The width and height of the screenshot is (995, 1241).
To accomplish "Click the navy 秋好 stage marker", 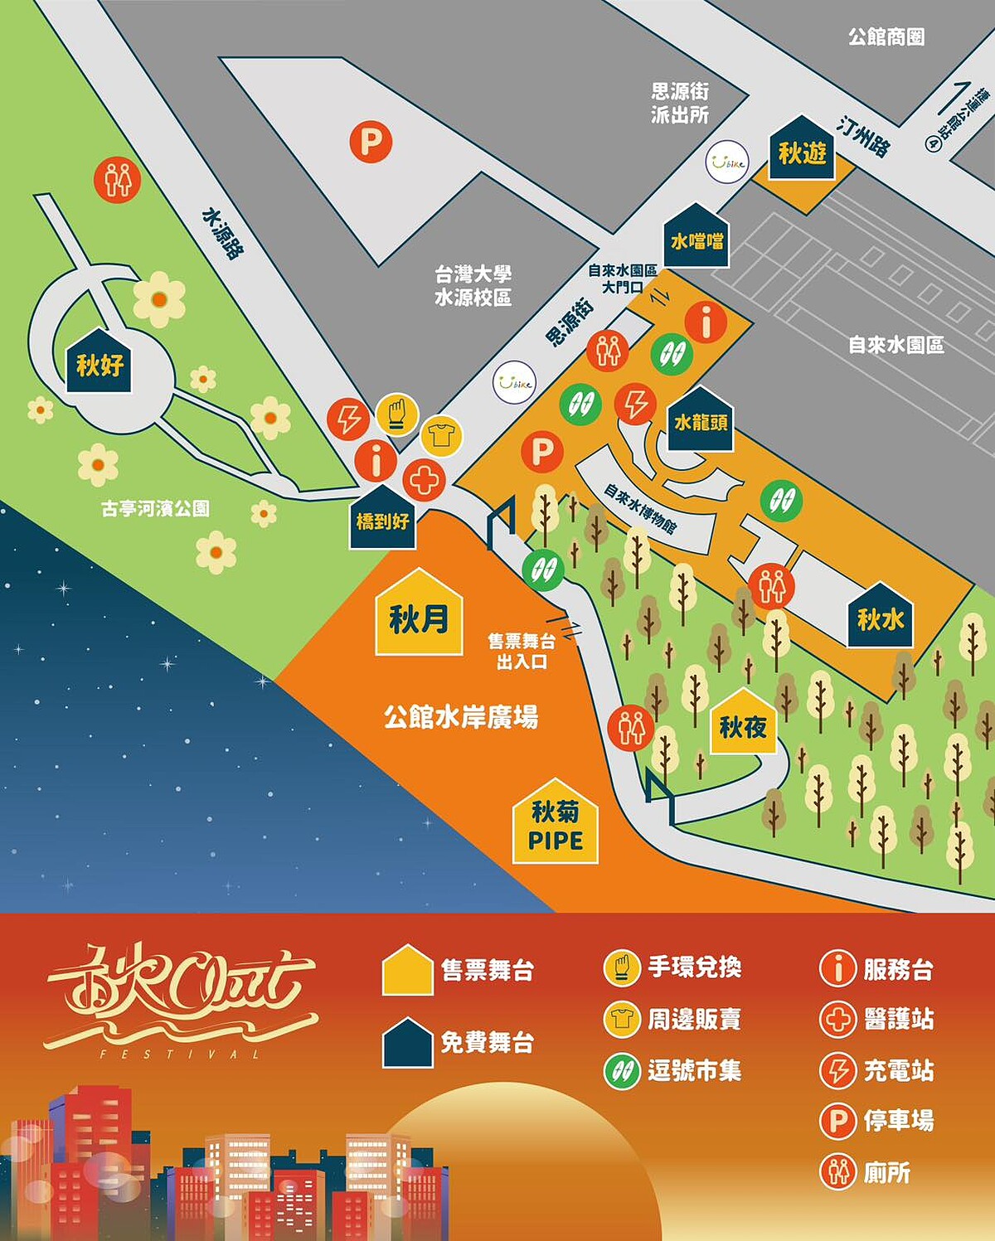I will [99, 361].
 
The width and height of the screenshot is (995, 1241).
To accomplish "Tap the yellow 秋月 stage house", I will [419, 614].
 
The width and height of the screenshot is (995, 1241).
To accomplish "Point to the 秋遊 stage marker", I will [802, 150].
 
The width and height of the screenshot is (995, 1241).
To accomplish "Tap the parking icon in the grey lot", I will [371, 142].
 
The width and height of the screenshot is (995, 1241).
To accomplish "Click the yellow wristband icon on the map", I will [397, 414].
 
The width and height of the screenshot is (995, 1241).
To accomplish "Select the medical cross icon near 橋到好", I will [424, 480].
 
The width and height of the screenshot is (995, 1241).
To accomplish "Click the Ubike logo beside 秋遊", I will [727, 162].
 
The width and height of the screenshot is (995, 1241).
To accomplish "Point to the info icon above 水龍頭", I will [706, 322].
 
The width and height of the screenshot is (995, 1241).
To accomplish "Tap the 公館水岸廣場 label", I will [460, 716].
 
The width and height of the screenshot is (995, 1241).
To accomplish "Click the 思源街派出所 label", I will [680, 103].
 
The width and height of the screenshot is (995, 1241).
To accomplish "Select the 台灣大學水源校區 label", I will [473, 285].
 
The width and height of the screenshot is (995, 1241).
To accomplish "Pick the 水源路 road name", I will [223, 234].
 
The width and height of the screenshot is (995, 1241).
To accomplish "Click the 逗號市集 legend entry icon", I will [622, 1071].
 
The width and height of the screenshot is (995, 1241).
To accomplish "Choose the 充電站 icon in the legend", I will [837, 1070].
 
